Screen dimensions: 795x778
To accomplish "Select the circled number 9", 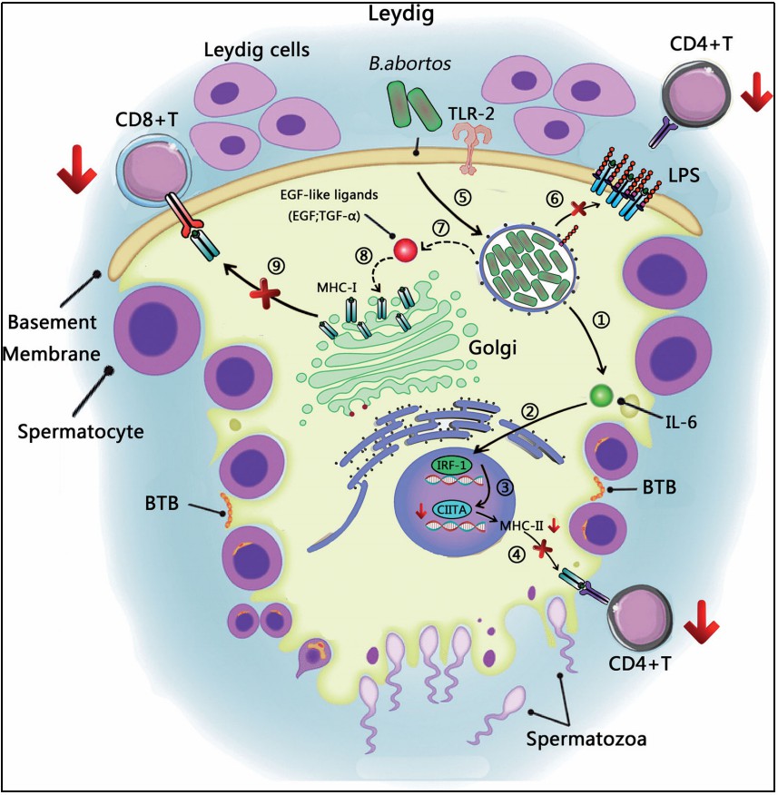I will pyautogui.click(x=274, y=265).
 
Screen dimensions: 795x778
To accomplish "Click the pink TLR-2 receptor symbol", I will pyautogui.click(x=472, y=145).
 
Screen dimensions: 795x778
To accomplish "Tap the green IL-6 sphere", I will pyautogui.click(x=599, y=396).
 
